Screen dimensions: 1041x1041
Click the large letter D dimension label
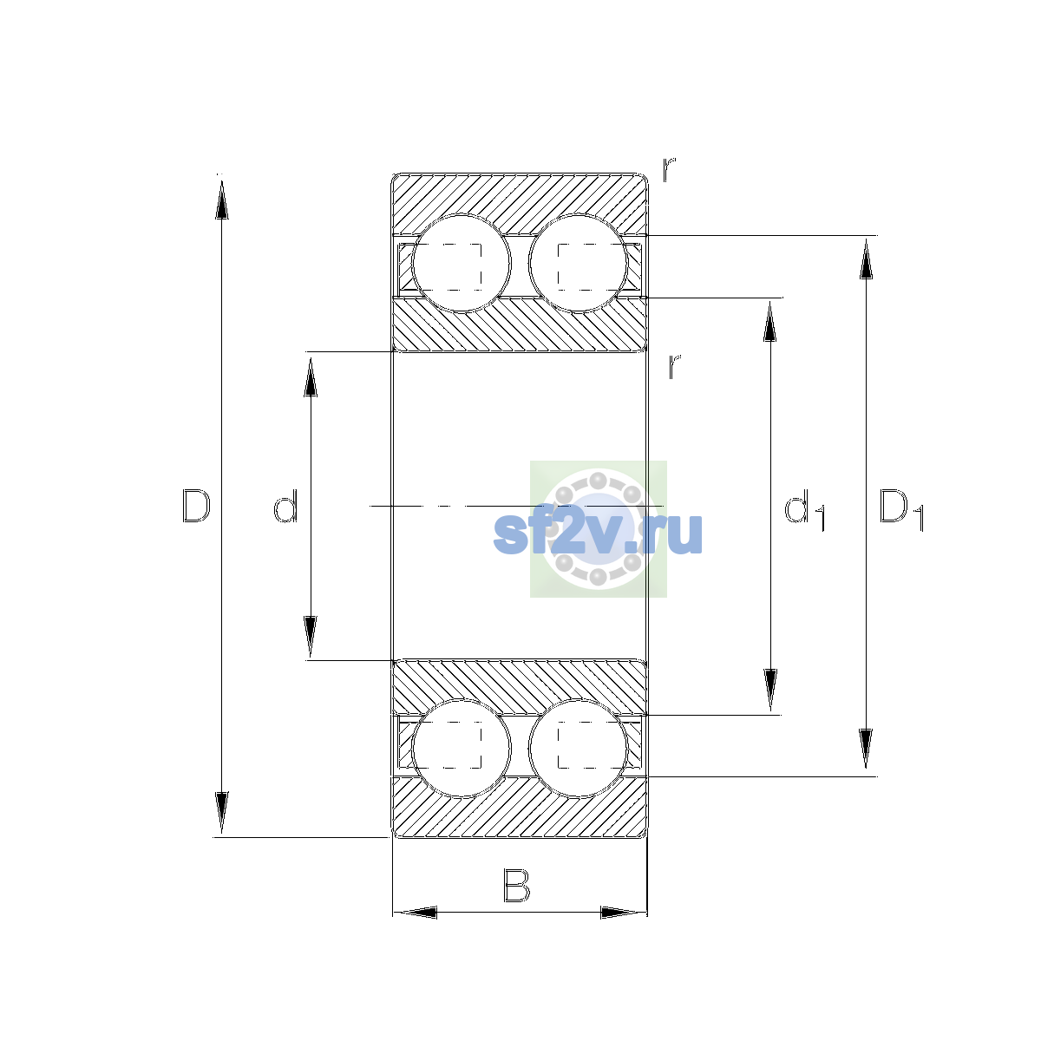click(x=196, y=506)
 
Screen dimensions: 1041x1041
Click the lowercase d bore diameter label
click(x=285, y=506)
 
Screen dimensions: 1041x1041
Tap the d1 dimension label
click(x=804, y=509)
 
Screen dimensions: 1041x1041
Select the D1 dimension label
click(x=901, y=509)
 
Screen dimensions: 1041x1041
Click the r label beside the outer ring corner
click(x=670, y=169)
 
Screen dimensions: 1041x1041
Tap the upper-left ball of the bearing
click(x=462, y=264)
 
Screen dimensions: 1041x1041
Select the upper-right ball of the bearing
click(x=579, y=264)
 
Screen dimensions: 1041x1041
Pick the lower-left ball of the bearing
click(x=462, y=748)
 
